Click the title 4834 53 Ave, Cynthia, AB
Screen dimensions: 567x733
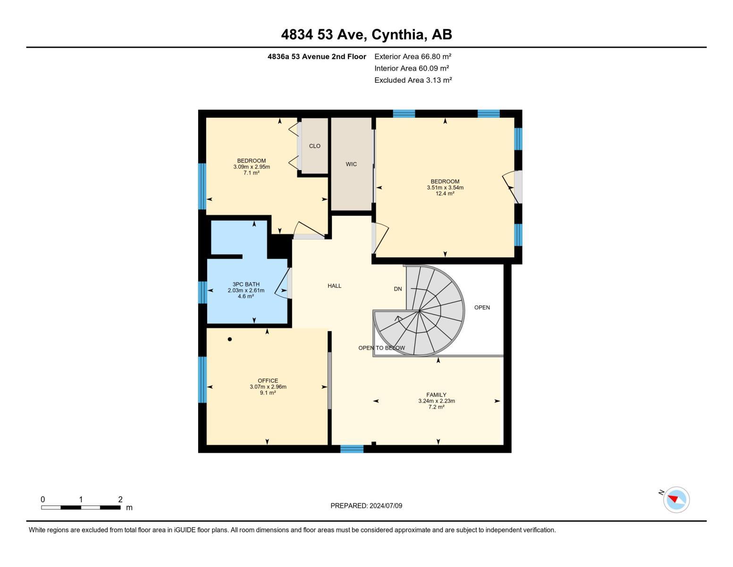coord(366,34)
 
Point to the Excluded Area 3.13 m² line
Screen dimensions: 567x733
coord(413,80)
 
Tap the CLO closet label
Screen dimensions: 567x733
coord(315,146)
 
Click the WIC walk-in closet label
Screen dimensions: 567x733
coord(351,164)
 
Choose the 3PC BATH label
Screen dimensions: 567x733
coord(246,284)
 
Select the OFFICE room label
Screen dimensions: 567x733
coord(268,381)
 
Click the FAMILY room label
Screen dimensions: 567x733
coord(436,395)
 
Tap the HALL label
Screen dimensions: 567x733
coord(334,286)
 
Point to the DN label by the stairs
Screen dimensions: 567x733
coord(398,289)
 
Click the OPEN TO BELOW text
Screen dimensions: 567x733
coord(381,348)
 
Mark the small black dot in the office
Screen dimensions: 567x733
coord(230,339)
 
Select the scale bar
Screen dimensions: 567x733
coord(81,507)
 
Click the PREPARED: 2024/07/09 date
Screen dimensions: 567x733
coord(366,506)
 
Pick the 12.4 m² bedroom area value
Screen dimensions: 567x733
coord(445,194)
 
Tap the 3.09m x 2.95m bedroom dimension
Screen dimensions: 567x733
coord(251,167)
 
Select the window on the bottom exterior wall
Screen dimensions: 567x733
coord(352,449)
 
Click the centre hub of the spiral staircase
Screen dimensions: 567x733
coord(419,311)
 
